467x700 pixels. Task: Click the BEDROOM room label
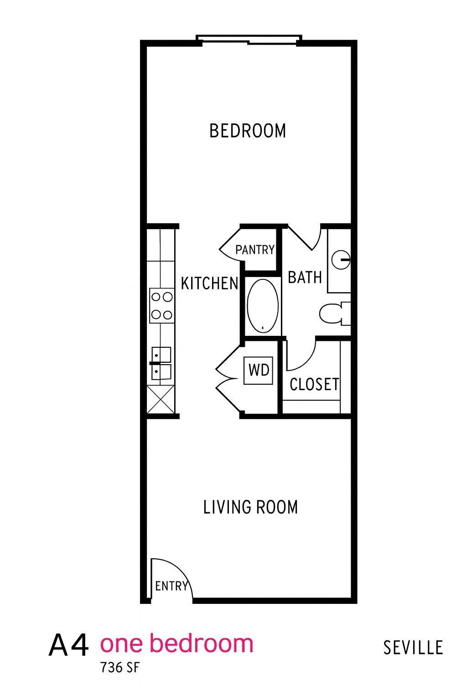[248, 131]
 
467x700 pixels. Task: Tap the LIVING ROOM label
[250, 507]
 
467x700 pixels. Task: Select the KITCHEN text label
[209, 283]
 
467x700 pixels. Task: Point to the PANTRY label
[255, 250]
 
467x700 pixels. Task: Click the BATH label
[305, 277]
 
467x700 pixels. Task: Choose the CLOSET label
[314, 385]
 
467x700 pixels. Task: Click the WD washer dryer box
[259, 370]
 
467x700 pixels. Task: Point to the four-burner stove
[162, 306]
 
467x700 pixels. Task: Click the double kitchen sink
[161, 363]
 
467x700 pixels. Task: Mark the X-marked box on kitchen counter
[161, 399]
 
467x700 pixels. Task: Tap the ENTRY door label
[171, 586]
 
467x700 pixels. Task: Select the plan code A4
[68, 645]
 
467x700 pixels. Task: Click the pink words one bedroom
[176, 643]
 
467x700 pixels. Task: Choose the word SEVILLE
[413, 648]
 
